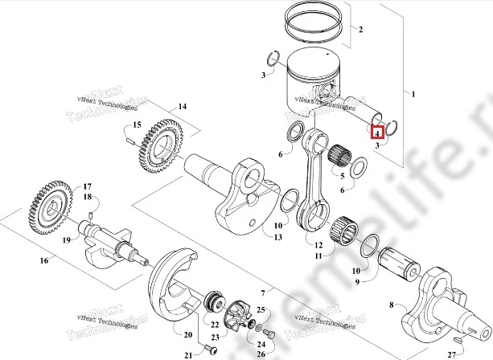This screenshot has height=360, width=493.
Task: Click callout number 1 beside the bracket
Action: (x=414, y=96)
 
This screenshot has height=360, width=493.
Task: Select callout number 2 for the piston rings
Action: (x=360, y=31)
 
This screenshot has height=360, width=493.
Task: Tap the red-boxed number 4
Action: (x=376, y=129)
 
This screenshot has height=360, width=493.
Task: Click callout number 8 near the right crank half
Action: (x=392, y=305)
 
